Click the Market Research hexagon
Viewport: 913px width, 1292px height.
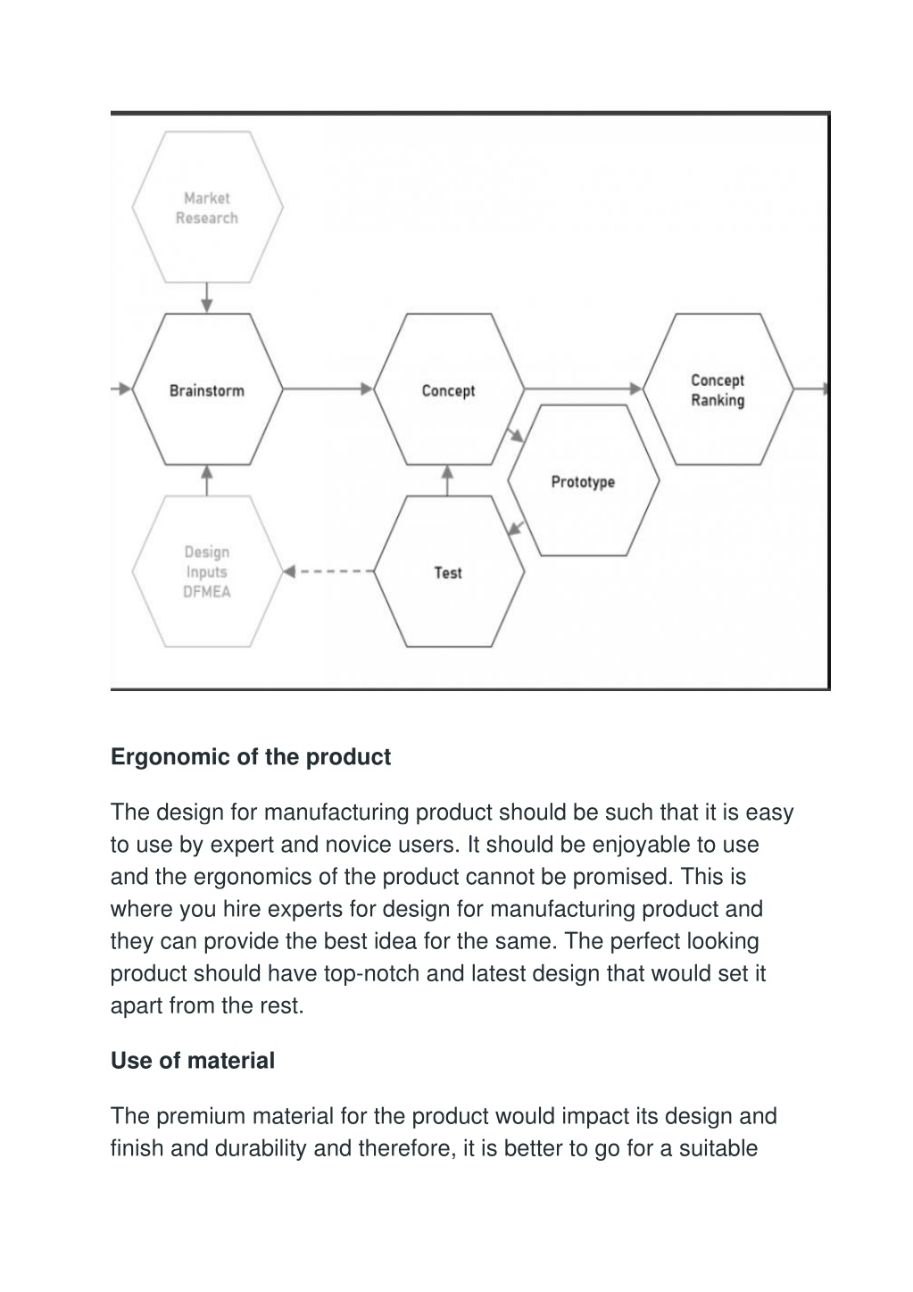tap(207, 207)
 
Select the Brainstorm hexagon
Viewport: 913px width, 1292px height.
tap(207, 389)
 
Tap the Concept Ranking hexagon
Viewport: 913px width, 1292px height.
tap(718, 389)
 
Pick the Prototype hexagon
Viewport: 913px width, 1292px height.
tap(584, 480)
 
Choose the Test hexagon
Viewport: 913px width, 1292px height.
tap(448, 571)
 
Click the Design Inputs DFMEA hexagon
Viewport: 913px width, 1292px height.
tap(207, 571)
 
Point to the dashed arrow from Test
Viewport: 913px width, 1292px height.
tap(328, 571)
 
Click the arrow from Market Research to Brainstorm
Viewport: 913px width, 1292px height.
tap(207, 297)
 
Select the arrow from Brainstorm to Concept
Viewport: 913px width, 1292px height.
tap(328, 389)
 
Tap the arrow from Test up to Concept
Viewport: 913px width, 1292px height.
tap(447, 480)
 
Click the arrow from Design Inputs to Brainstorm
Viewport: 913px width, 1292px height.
tap(207, 480)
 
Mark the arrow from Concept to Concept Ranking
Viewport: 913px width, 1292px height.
tap(584, 389)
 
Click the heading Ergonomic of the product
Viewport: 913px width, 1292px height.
tap(251, 757)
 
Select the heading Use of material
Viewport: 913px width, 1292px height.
tap(193, 1061)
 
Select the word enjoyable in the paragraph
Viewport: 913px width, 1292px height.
tap(642, 845)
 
